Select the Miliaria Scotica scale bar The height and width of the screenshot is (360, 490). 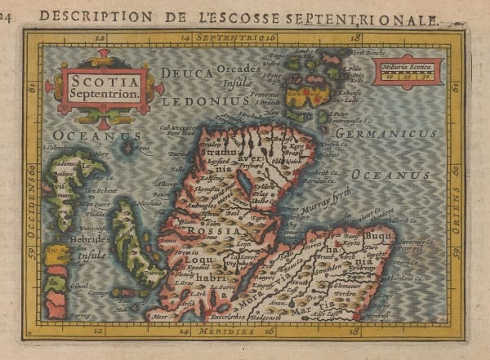408,72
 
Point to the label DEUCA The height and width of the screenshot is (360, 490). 186,73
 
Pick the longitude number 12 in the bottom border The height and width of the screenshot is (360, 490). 99,332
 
